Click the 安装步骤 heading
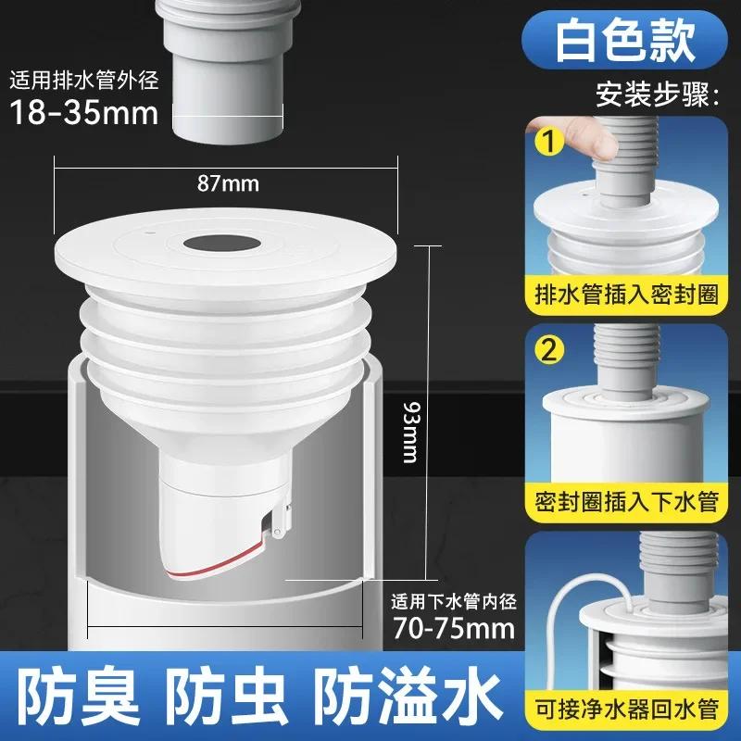tap(658, 94)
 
